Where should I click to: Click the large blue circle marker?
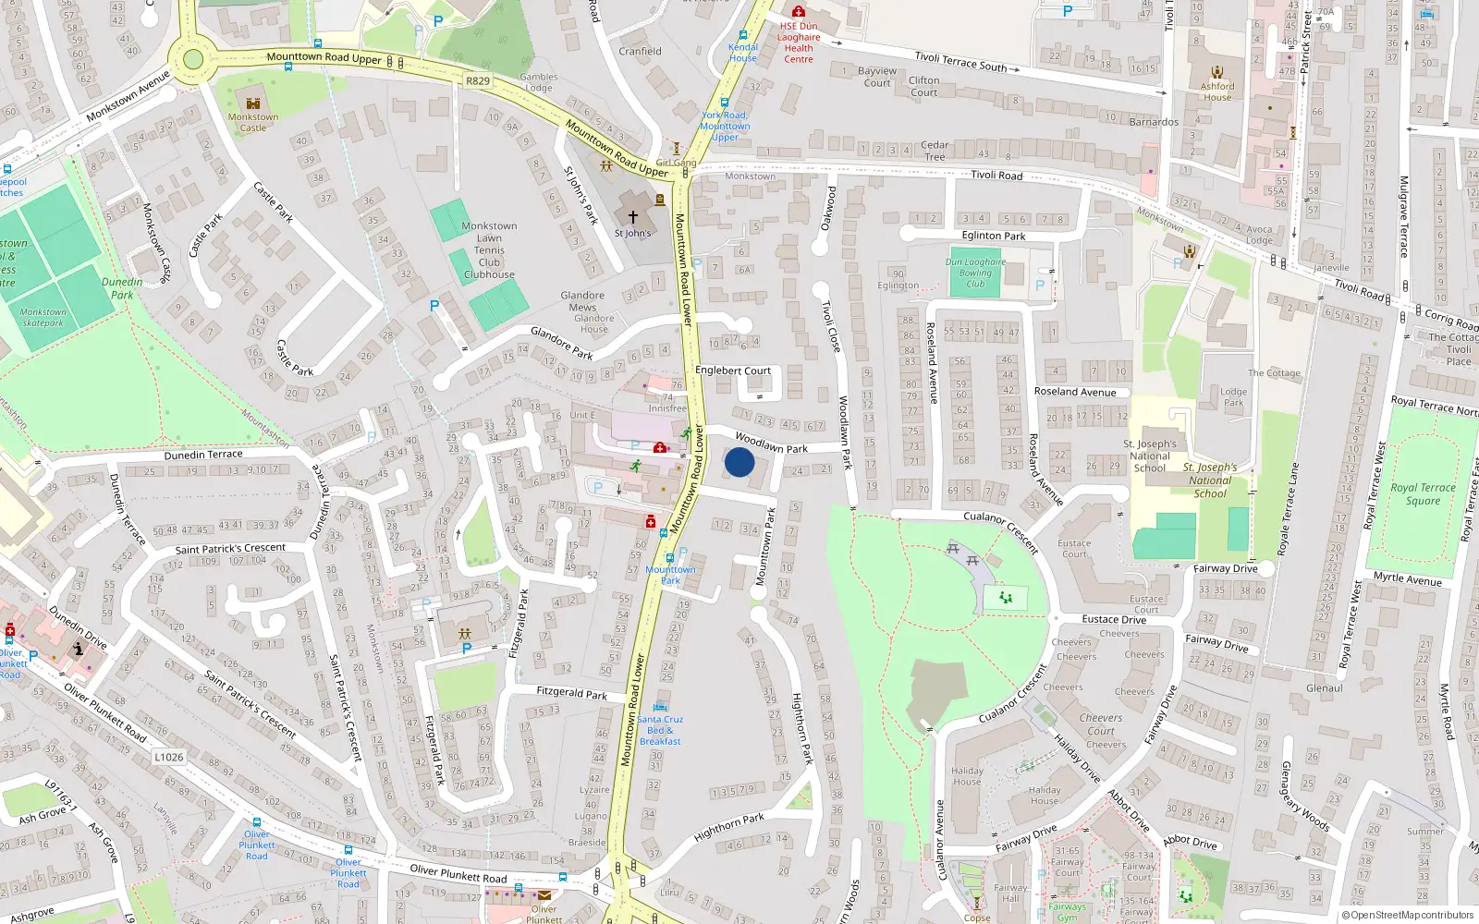(x=739, y=462)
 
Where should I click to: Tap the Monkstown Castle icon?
(x=253, y=103)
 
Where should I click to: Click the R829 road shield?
(x=478, y=81)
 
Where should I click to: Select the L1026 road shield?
(x=168, y=757)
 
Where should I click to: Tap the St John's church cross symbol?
(x=633, y=217)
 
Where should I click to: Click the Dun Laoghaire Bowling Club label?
(x=975, y=273)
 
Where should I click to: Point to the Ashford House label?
(x=1217, y=91)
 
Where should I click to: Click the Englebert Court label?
(x=733, y=371)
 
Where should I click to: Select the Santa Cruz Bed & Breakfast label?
(x=660, y=730)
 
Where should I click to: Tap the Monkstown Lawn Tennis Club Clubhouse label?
(x=489, y=250)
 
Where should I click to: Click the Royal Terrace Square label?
(x=1423, y=493)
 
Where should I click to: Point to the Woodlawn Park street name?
(x=771, y=443)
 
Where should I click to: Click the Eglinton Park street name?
(x=994, y=236)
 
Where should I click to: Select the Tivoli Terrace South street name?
(x=960, y=62)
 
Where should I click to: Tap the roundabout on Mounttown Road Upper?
(x=192, y=60)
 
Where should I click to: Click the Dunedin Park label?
(x=122, y=288)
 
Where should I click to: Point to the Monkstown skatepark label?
(x=43, y=317)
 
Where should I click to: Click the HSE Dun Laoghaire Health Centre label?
(x=799, y=43)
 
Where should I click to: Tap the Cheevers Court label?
(x=1100, y=723)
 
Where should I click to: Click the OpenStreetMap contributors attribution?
(x=1407, y=915)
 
